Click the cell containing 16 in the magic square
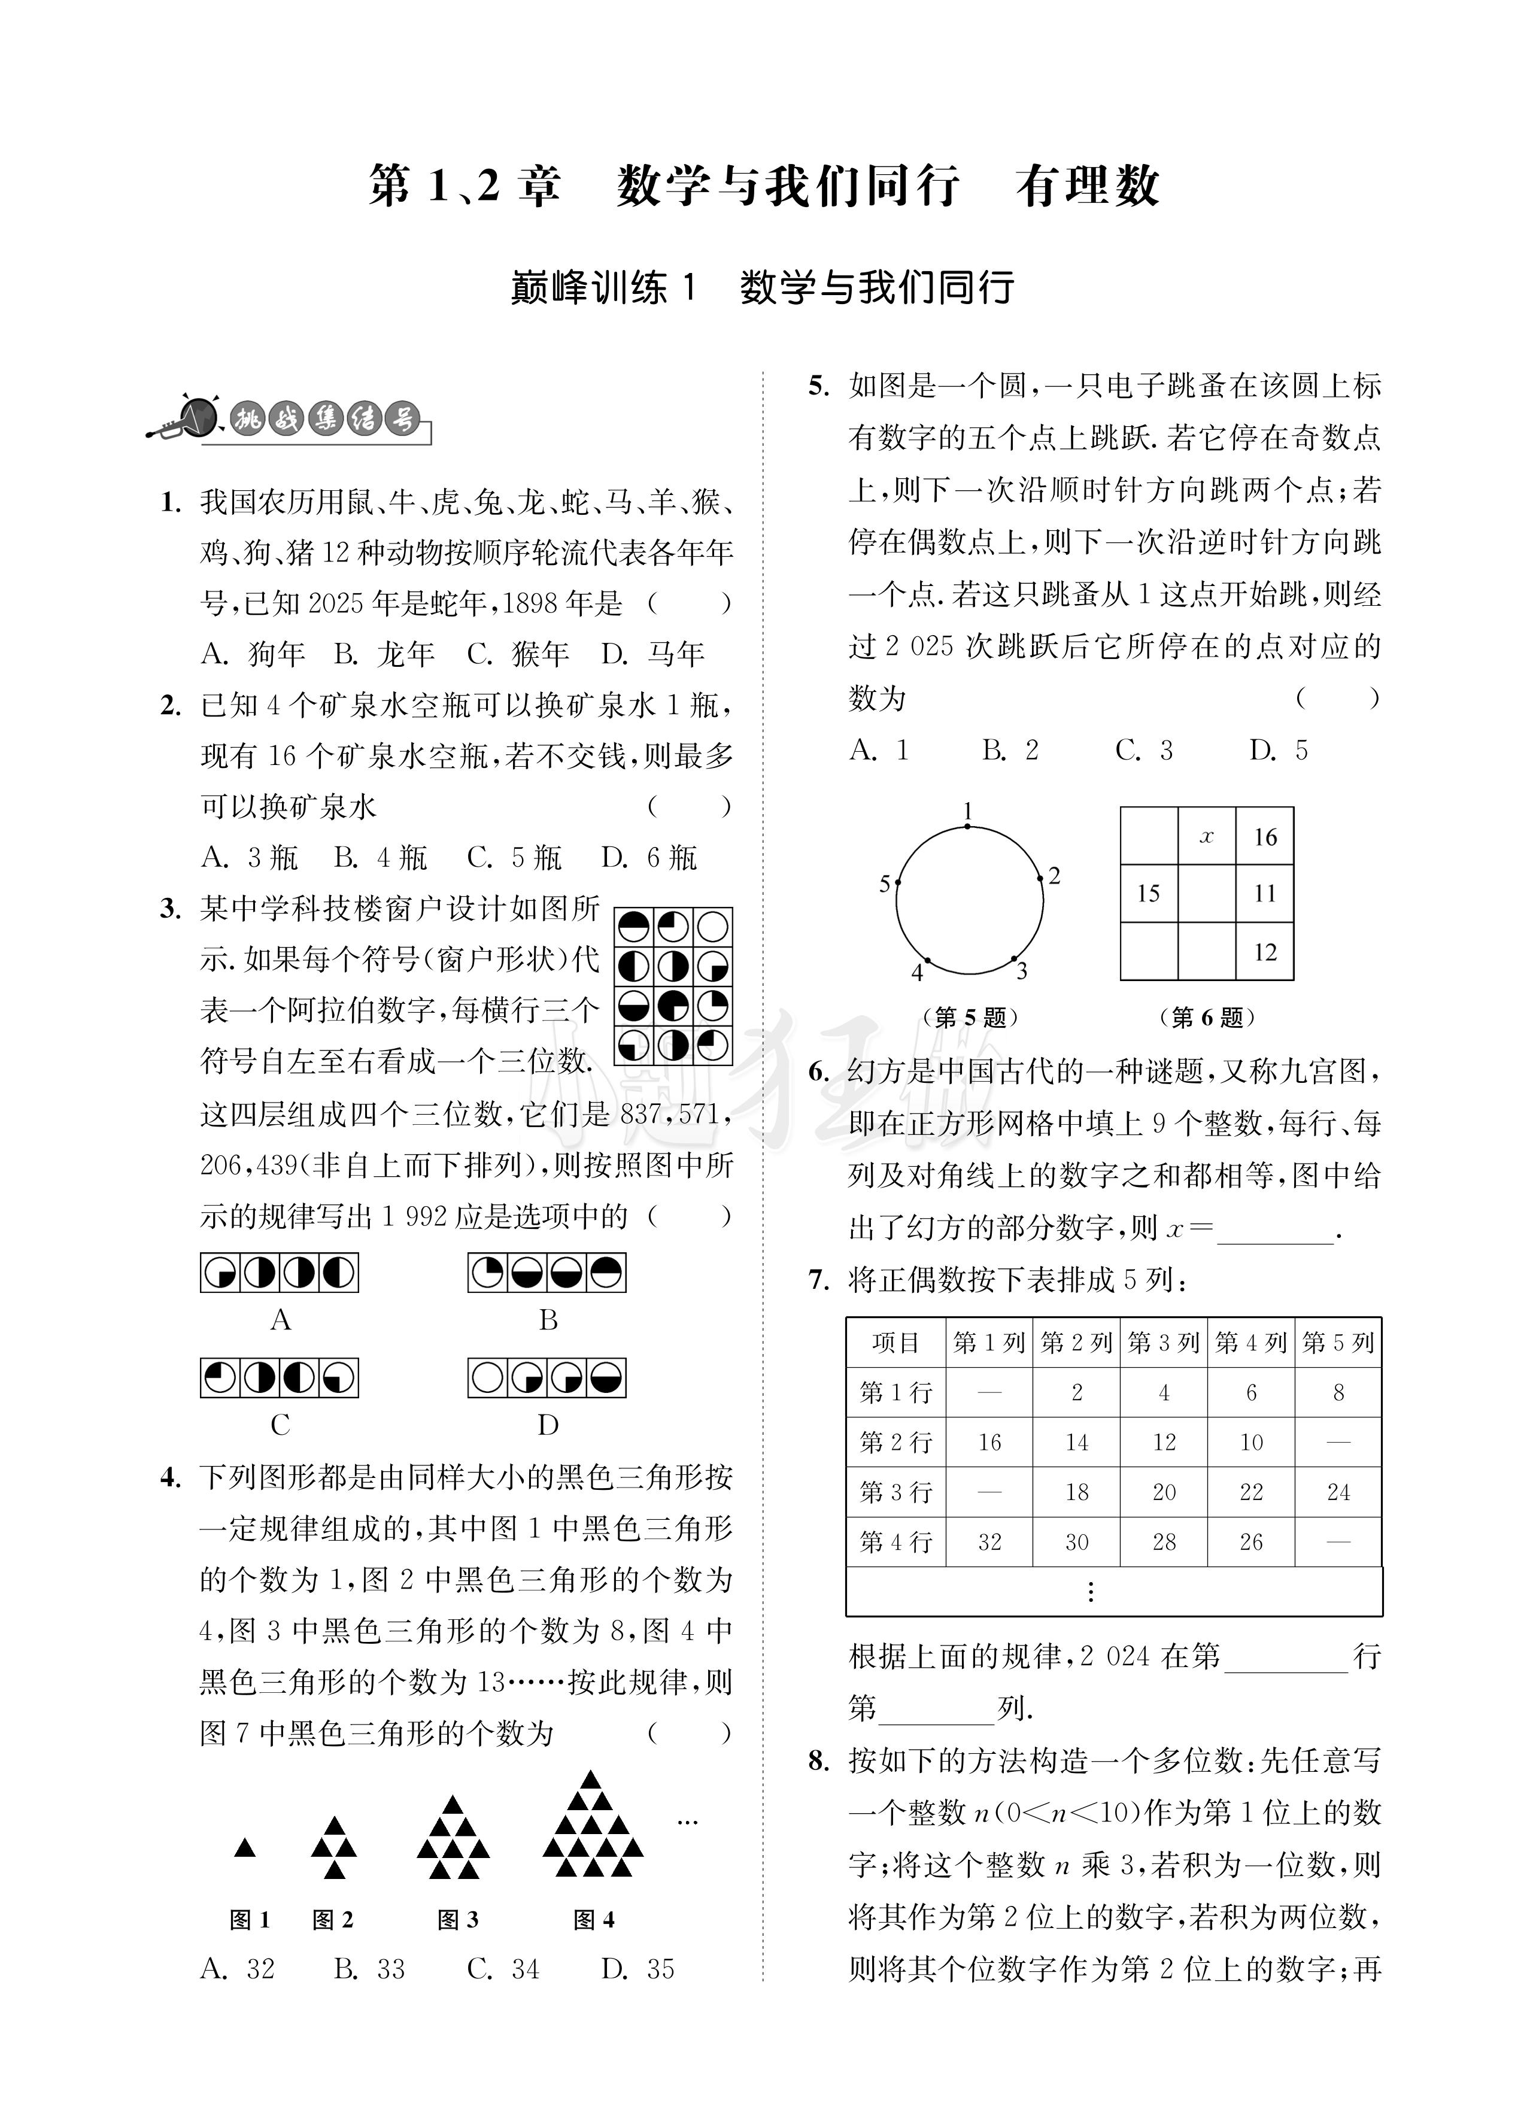[1264, 836]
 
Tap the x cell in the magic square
[1206, 836]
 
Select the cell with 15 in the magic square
[1148, 893]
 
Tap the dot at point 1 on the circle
[969, 827]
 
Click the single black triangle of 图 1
[245, 1847]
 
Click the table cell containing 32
[989, 1541]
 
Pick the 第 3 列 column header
[1163, 1343]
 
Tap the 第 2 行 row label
[895, 1442]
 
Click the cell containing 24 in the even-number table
[1337, 1492]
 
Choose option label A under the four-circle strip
[280, 1320]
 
